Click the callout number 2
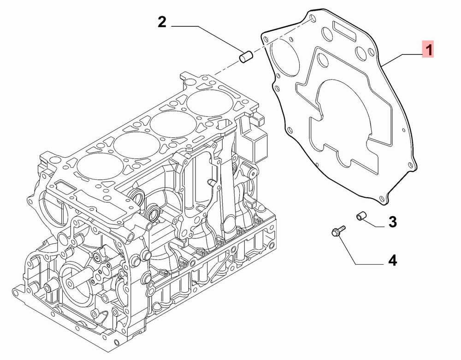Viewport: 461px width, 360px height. (x=162, y=22)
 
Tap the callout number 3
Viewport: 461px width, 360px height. (x=392, y=222)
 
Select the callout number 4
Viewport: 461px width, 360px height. (x=392, y=260)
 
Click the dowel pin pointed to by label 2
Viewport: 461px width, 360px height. (x=246, y=56)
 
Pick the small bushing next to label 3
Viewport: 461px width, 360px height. (x=361, y=216)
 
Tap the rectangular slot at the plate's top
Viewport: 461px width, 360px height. (x=343, y=30)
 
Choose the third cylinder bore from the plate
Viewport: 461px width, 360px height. (x=137, y=145)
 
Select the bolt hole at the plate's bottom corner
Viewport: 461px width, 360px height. (x=382, y=200)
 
